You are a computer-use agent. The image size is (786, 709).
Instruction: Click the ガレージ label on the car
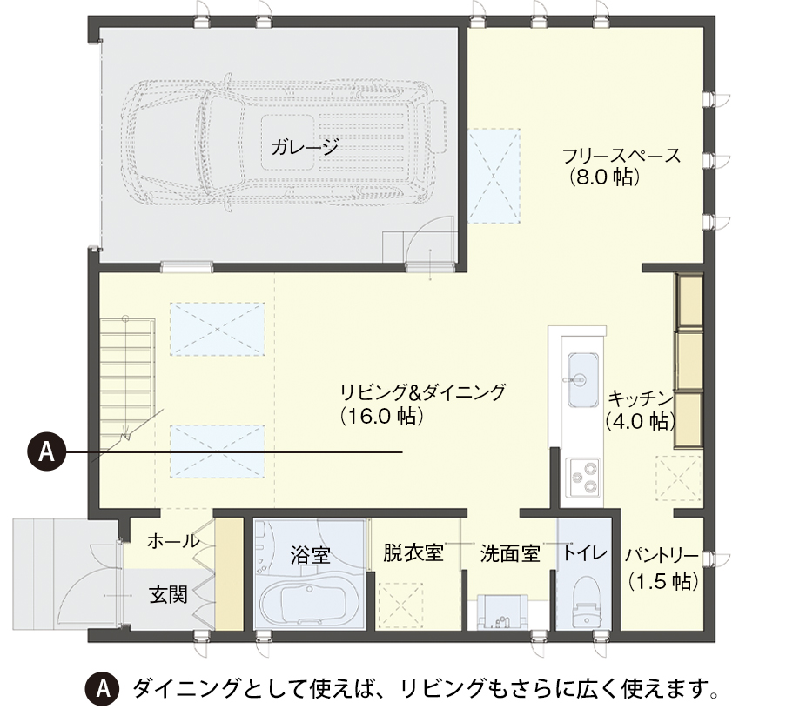[x=305, y=147]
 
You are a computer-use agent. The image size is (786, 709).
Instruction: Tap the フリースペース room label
[x=622, y=156]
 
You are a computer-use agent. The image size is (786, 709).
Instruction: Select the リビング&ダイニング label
[x=422, y=392]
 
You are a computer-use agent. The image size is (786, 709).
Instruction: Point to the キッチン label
[x=640, y=398]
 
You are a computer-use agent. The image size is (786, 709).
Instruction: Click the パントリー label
[x=662, y=555]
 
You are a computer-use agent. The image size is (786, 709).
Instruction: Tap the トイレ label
[x=584, y=552]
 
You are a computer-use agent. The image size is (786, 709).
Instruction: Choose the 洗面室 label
[x=510, y=553]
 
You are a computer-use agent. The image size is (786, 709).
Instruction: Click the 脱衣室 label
[x=413, y=552]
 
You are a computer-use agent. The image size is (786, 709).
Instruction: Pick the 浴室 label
[x=310, y=555]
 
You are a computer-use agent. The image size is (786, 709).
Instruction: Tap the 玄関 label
[x=169, y=595]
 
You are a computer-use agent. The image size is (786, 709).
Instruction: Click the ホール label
[x=173, y=541]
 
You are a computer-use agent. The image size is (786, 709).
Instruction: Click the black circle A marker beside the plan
[x=47, y=452]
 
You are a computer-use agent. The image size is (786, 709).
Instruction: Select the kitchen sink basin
[x=583, y=380]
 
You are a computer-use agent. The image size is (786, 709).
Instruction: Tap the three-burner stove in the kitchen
[x=583, y=476]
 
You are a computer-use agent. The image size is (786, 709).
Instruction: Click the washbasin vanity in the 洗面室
[x=503, y=612]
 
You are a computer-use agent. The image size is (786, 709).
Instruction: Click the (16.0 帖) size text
[x=381, y=416]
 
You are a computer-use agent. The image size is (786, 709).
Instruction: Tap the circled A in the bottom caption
[x=103, y=689]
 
